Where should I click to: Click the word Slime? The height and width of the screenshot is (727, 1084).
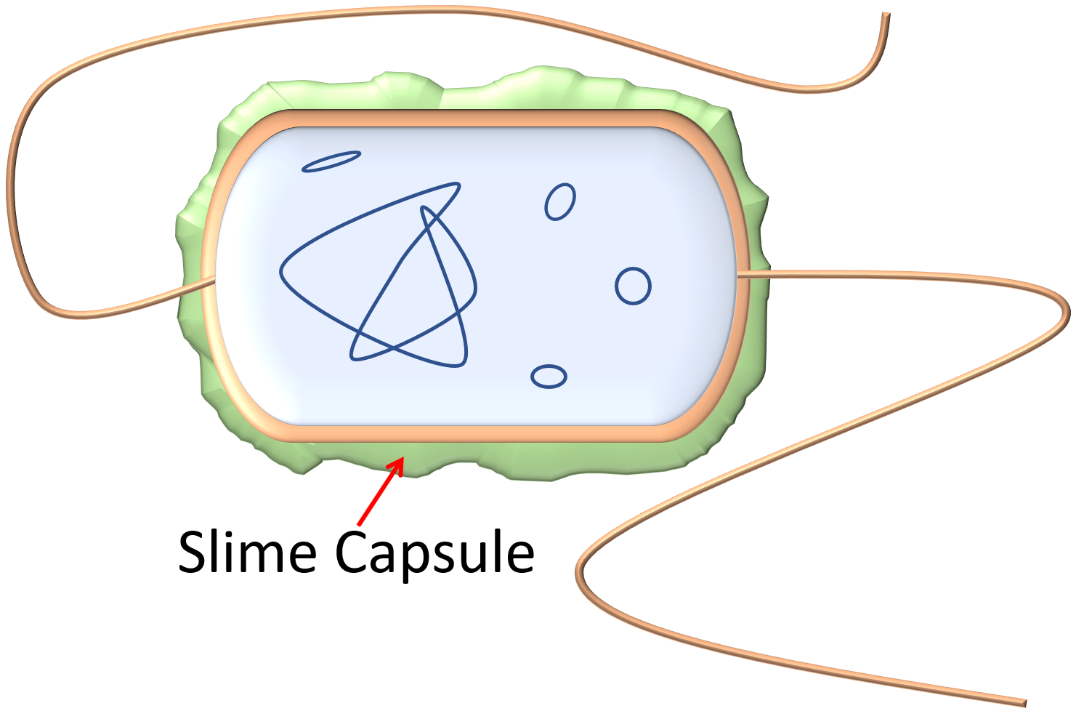pyautogui.click(x=247, y=552)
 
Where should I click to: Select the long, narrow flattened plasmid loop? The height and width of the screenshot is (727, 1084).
pyautogui.click(x=331, y=162)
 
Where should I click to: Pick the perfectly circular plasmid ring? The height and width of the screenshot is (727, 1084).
pyautogui.click(x=633, y=286)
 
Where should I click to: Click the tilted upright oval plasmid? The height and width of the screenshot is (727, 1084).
pyautogui.click(x=560, y=201)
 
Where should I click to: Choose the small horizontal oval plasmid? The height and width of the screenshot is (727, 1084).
pyautogui.click(x=549, y=377)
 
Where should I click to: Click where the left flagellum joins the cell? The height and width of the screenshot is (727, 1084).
pyautogui.click(x=214, y=279)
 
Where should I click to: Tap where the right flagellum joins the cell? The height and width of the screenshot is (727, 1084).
pyautogui.click(x=740, y=275)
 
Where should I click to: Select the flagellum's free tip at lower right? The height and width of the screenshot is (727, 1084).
pyautogui.click(x=1025, y=703)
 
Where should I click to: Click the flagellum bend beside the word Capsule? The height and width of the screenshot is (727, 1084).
pyautogui.click(x=579, y=571)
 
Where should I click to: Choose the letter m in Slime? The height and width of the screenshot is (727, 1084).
pyautogui.click(x=270, y=558)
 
